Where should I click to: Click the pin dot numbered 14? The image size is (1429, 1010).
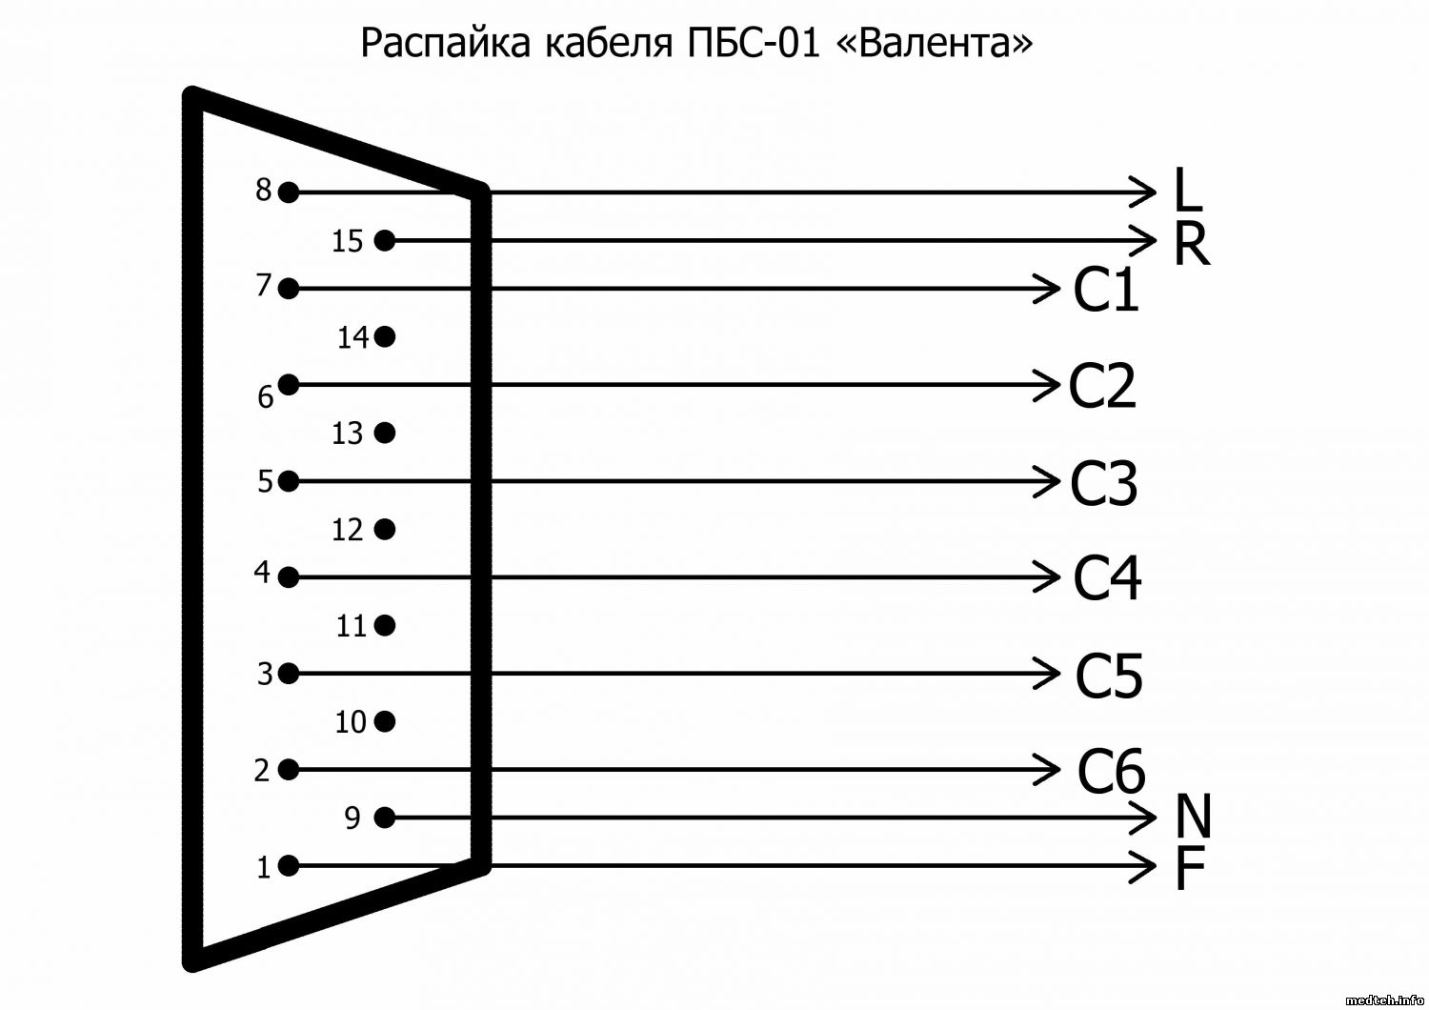(385, 336)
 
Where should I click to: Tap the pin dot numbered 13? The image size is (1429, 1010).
(385, 433)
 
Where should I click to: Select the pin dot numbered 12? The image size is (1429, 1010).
(385, 529)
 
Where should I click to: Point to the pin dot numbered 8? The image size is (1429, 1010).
(289, 192)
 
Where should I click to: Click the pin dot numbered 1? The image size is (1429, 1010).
(289, 866)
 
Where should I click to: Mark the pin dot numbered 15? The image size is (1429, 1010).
(385, 240)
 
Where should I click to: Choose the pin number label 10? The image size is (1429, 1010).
(351, 722)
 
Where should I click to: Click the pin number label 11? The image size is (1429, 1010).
(351, 626)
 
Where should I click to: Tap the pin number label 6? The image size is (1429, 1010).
(266, 397)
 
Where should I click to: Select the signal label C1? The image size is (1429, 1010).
(1105, 290)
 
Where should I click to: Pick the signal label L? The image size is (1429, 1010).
(1188, 190)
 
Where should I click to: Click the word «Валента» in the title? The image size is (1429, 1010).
(934, 44)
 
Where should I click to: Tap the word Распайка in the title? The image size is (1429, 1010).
(445, 44)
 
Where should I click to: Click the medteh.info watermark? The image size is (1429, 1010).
(1385, 1000)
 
